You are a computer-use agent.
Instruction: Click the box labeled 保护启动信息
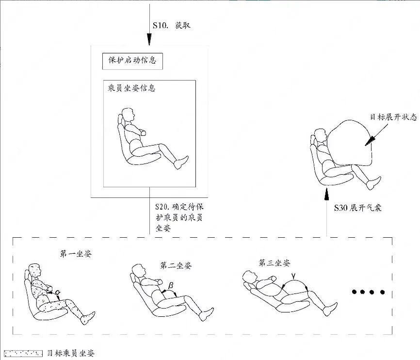[x=132, y=62]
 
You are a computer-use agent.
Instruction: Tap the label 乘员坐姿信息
[x=131, y=88]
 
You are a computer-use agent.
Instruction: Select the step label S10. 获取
[x=171, y=25]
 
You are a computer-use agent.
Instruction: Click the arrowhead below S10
[x=149, y=39]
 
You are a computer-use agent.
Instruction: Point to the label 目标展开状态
[x=393, y=117]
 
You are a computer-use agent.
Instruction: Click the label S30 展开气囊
[x=357, y=208]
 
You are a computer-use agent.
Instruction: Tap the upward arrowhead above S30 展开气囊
[x=326, y=195]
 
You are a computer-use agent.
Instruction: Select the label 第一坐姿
[x=76, y=254]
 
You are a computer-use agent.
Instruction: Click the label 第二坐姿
[x=176, y=265]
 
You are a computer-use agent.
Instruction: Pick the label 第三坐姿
[x=275, y=262]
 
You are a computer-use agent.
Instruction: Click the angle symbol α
[x=57, y=292]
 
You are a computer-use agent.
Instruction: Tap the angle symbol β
[x=170, y=286]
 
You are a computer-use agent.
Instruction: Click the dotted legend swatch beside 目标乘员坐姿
[x=23, y=354]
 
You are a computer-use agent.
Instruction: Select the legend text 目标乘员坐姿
[x=71, y=353]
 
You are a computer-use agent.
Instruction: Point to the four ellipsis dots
[x=368, y=292]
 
